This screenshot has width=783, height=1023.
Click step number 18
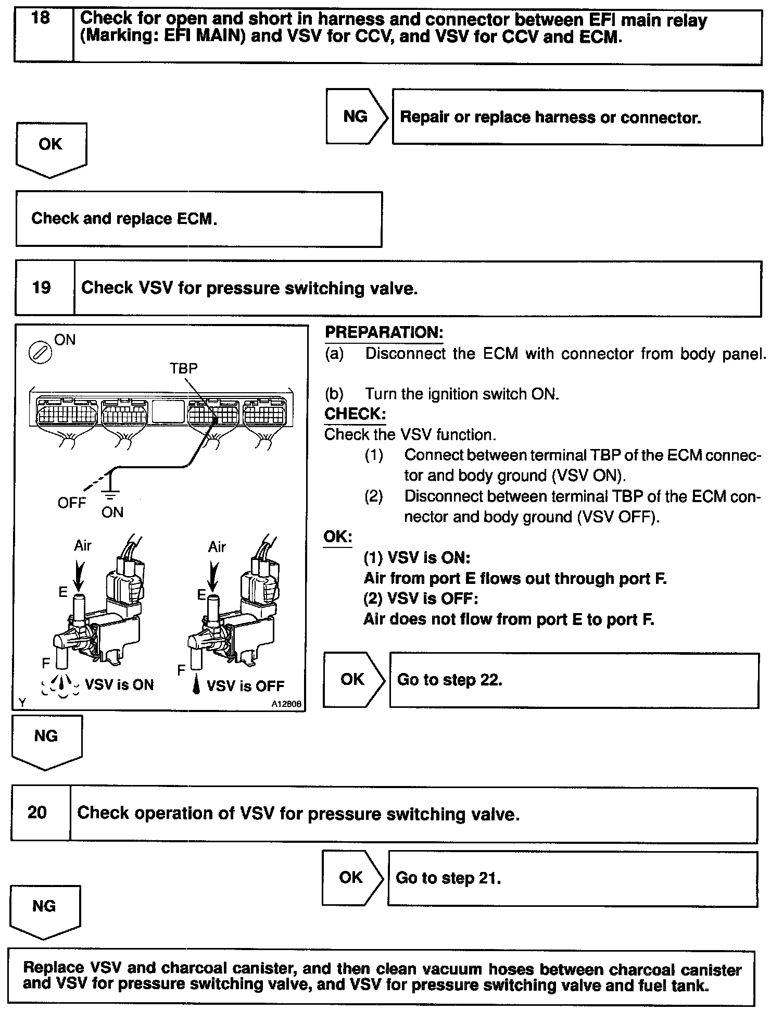[x=41, y=19]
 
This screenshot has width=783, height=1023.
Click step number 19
[x=42, y=288]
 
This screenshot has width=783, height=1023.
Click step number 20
[x=37, y=813]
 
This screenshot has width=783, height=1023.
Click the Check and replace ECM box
[x=198, y=219]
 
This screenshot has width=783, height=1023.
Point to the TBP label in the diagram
[x=184, y=368]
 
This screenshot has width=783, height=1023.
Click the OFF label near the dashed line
[x=71, y=503]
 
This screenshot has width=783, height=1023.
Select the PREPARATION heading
[x=384, y=333]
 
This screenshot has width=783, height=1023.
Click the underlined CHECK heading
[x=355, y=415]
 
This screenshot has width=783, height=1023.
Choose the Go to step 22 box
[x=574, y=680]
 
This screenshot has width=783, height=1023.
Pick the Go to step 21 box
[x=572, y=878]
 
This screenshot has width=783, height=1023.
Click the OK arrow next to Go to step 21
[x=351, y=878]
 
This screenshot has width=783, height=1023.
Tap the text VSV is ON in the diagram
[x=119, y=684]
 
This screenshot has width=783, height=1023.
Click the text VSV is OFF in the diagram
[x=245, y=685]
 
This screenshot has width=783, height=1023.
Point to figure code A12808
[x=286, y=704]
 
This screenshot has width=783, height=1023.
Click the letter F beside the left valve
[x=46, y=663]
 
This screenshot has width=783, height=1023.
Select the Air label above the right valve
[x=217, y=547]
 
